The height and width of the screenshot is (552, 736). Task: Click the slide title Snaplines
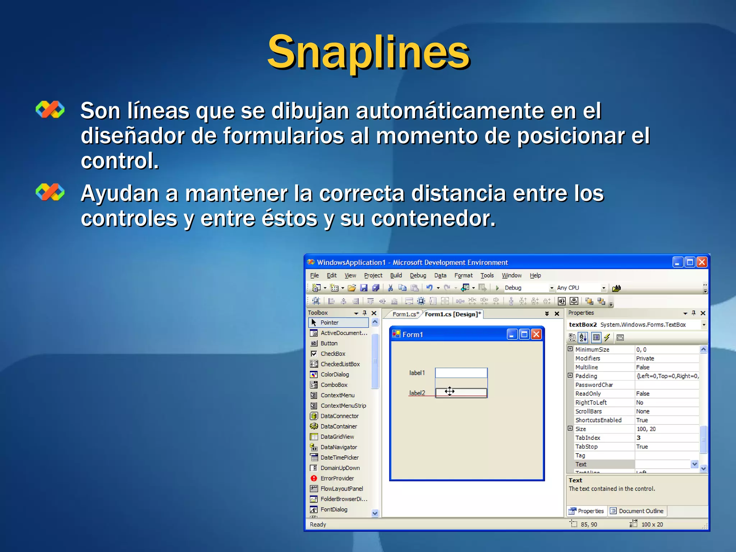point(368,52)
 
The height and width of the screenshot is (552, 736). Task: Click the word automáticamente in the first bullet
point(450,111)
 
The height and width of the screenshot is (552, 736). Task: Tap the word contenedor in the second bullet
point(433,218)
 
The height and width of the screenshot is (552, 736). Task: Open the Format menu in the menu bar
point(463,276)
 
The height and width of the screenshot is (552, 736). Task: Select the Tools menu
point(487,276)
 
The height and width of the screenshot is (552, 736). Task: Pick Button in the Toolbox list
point(329,344)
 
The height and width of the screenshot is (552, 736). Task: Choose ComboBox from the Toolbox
point(334,385)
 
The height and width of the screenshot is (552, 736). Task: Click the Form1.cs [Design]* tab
point(452,314)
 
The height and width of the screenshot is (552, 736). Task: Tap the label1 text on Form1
point(417,373)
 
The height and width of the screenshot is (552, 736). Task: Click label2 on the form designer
point(417,393)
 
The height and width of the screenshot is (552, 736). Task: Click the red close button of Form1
point(536,335)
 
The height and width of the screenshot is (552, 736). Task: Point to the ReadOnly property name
point(588,394)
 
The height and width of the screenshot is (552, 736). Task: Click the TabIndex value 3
point(639,438)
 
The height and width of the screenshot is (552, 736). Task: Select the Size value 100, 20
point(646,429)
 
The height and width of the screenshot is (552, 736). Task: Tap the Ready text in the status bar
point(318,525)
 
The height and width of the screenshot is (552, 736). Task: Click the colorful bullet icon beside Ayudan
point(50,192)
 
